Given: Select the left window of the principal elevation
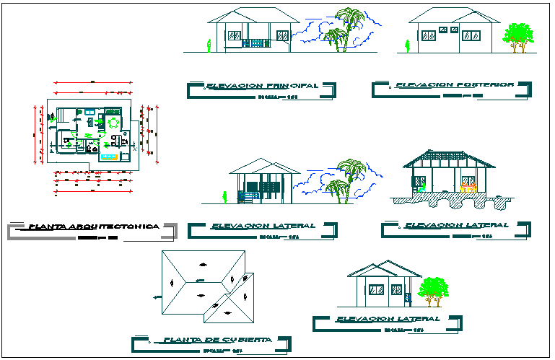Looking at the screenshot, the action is point(235,35).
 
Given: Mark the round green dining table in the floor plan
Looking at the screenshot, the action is point(113,123).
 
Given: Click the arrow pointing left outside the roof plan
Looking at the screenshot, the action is point(156,297).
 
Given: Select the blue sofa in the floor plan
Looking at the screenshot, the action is point(109,156).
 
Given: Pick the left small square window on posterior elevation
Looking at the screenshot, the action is point(442,30).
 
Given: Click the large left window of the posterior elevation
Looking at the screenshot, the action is point(428,35).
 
